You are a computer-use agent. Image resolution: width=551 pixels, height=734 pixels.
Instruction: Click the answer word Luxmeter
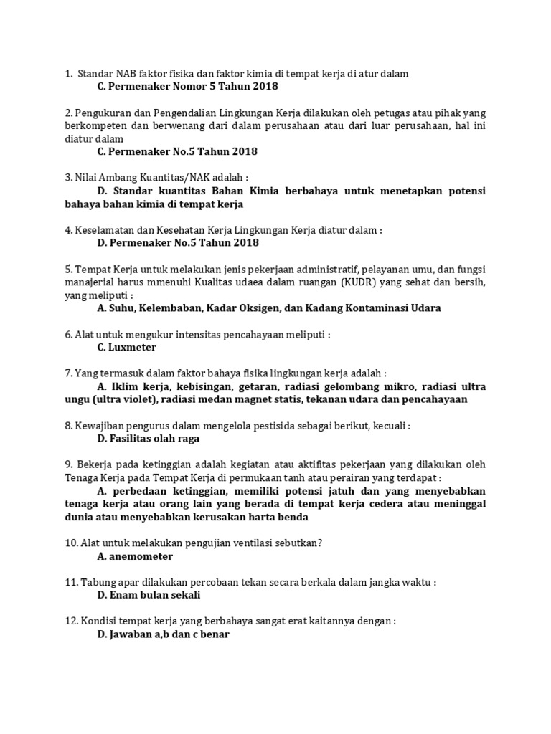(132, 348)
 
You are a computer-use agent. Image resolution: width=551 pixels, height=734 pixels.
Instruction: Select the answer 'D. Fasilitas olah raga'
(149, 439)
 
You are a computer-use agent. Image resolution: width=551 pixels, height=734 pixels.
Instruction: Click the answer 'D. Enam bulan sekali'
(149, 595)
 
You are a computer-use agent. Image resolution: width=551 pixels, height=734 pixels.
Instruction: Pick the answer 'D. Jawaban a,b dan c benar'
(163, 634)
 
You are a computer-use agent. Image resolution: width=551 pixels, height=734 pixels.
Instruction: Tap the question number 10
(70, 543)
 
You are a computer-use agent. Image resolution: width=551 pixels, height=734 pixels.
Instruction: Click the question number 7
(67, 373)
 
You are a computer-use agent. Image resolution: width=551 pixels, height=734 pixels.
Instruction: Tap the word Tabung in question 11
(97, 582)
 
